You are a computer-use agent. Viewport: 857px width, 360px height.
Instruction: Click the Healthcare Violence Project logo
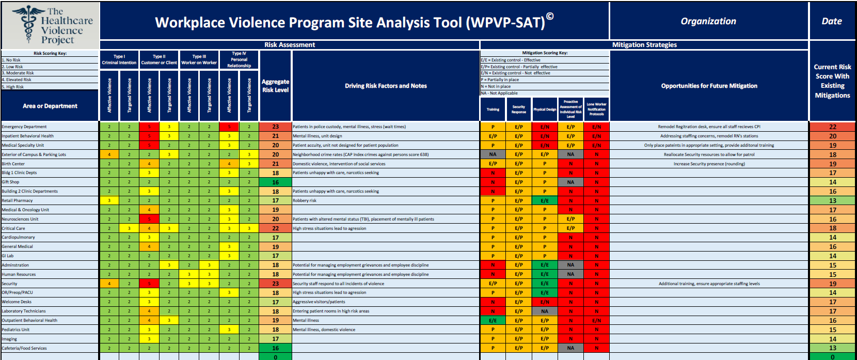click(50, 25)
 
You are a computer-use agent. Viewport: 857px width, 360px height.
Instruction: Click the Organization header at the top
click(708, 21)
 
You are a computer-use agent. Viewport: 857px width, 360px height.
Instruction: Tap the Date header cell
click(832, 21)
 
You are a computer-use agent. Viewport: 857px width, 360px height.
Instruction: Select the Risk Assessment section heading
click(290, 45)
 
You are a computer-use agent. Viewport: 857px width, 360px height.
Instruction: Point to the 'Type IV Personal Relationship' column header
click(239, 60)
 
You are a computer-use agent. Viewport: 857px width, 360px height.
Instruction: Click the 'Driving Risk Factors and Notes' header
click(386, 86)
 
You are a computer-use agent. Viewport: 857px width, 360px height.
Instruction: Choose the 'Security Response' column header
click(519, 109)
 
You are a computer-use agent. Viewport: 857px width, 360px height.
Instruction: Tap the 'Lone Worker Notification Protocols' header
click(596, 109)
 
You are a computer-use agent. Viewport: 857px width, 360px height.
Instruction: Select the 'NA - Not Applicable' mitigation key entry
click(499, 93)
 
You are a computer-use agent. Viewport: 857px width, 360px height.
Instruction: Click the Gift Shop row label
click(11, 182)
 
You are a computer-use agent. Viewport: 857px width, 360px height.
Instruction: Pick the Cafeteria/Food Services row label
click(24, 348)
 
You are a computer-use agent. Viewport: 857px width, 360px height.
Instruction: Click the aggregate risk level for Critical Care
click(276, 228)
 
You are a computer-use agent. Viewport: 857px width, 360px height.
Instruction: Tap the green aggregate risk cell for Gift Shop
click(276, 182)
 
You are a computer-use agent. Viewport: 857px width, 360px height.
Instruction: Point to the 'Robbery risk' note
click(305, 200)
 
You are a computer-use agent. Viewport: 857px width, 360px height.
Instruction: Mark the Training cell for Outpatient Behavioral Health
click(493, 320)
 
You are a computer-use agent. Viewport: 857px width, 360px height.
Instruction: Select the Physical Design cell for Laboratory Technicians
click(545, 311)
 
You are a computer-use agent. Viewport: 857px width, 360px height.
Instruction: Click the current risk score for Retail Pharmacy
click(832, 201)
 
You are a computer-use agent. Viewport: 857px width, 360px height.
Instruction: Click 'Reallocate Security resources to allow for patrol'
click(709, 154)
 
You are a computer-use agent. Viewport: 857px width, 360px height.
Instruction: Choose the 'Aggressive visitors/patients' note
click(319, 302)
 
